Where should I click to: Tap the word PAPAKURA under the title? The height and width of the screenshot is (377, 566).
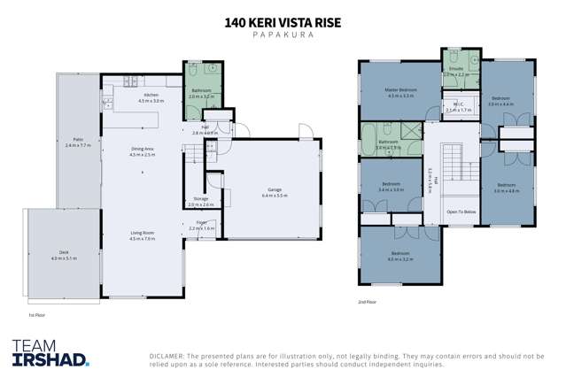(283, 34)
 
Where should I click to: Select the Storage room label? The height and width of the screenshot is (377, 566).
(201, 200)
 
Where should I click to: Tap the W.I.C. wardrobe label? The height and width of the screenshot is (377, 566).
(458, 106)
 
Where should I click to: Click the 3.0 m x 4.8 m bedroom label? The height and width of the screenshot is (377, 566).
(507, 187)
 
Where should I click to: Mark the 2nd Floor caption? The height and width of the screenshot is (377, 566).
(366, 302)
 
